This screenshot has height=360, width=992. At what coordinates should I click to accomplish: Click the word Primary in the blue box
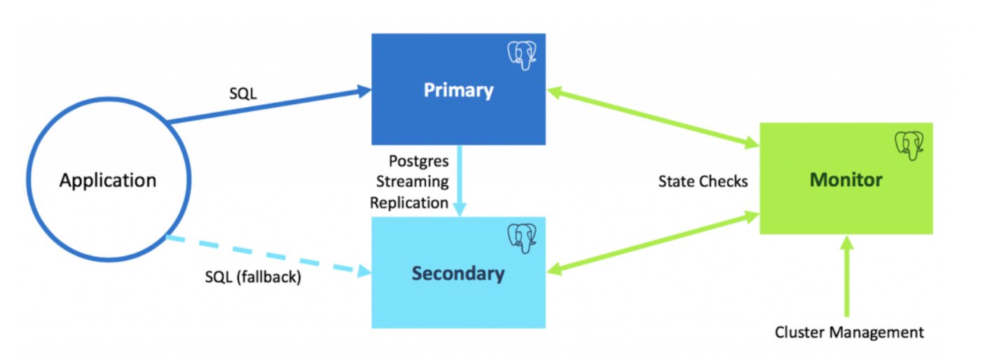click(458, 90)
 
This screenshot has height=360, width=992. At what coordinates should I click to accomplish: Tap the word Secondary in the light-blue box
click(458, 273)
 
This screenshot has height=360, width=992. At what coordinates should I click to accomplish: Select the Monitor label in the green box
click(846, 180)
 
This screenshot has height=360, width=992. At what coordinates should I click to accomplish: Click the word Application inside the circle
click(108, 181)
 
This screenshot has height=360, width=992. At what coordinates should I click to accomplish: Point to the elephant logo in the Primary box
click(522, 55)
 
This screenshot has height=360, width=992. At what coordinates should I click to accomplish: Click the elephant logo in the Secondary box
click(522, 238)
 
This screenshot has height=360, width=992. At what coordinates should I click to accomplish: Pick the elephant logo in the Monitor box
click(909, 145)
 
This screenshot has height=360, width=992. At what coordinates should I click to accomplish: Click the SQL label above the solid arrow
click(242, 93)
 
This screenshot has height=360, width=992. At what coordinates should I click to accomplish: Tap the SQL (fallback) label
click(253, 277)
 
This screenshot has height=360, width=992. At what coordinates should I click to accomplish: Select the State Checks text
click(703, 181)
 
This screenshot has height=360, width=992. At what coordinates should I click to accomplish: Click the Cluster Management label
click(849, 332)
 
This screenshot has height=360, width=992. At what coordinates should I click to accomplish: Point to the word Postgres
click(418, 161)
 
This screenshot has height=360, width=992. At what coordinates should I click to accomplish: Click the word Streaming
click(413, 181)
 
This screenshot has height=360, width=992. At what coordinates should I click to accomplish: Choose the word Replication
click(409, 203)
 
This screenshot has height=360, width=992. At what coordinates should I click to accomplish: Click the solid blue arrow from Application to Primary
click(269, 106)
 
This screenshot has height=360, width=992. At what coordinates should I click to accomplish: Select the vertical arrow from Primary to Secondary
click(460, 181)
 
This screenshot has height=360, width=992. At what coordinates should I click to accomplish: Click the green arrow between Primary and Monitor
click(653, 118)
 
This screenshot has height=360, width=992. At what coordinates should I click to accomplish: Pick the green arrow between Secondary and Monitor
click(653, 243)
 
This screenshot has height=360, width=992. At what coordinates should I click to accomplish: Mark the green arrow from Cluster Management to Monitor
click(847, 276)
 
